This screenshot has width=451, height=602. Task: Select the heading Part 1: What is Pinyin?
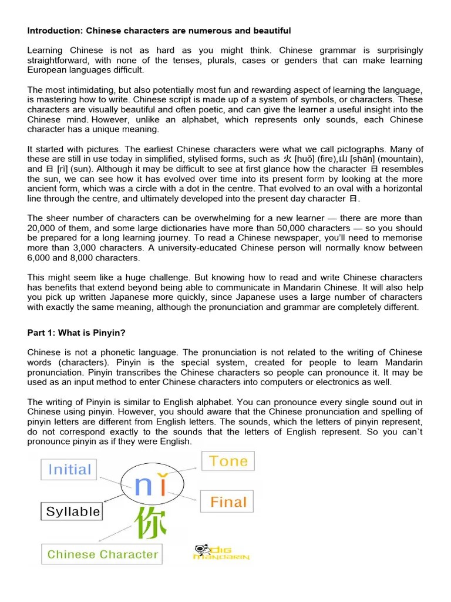click(x=76, y=333)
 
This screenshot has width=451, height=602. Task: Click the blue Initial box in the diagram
click(x=69, y=470)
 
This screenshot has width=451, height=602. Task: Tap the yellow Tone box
click(x=228, y=461)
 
